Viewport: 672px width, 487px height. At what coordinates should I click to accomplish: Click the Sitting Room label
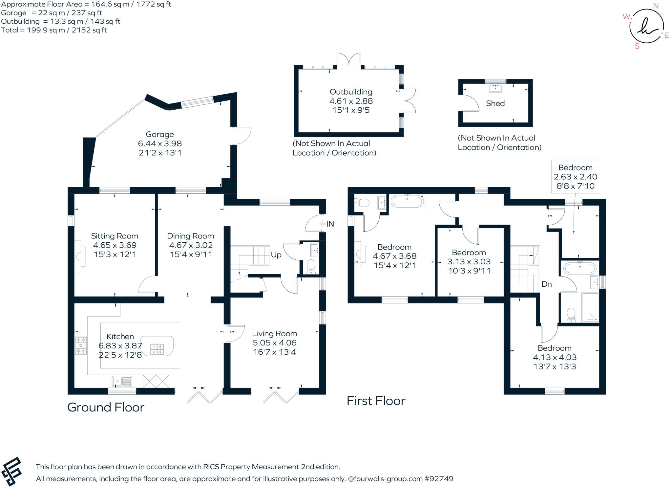click(115, 236)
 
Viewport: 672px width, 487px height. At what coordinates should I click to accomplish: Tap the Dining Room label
click(191, 236)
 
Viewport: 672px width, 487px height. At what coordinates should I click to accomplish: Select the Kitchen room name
click(120, 336)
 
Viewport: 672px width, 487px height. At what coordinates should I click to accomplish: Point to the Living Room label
click(275, 334)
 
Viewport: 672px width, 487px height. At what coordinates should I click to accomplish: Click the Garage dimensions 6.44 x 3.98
click(160, 144)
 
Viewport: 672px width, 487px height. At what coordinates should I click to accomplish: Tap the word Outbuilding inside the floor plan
click(351, 92)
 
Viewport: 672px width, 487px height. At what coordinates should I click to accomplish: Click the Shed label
click(495, 103)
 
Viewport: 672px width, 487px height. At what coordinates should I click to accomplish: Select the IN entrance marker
click(330, 224)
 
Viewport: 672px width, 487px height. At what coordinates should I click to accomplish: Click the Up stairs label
click(276, 255)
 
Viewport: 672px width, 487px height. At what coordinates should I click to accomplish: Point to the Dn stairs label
click(547, 284)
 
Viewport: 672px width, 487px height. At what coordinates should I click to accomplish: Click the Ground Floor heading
click(106, 408)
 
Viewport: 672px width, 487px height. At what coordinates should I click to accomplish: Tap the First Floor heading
click(376, 401)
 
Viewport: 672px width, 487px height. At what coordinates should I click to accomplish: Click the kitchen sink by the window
click(122, 381)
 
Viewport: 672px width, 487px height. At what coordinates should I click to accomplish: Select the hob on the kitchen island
click(157, 349)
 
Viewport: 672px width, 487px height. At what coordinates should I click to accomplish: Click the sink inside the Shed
click(495, 88)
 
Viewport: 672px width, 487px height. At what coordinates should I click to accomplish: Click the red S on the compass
click(637, 46)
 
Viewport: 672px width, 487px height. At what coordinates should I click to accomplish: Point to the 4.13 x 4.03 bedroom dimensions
click(555, 357)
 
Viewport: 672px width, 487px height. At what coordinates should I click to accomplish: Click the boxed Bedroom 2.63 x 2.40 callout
click(576, 177)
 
